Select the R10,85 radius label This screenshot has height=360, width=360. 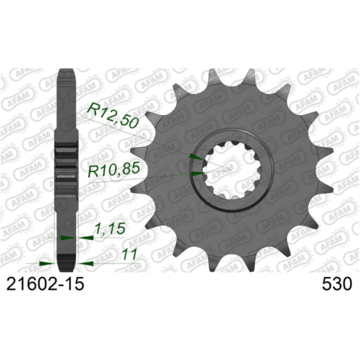pos(113,171)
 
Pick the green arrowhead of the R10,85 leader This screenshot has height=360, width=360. pos(196,174)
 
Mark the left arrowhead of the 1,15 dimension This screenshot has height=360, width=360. pos(66,238)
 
